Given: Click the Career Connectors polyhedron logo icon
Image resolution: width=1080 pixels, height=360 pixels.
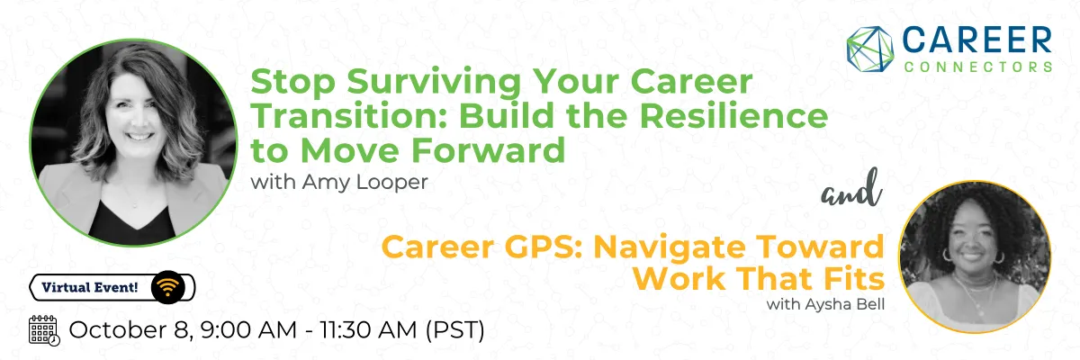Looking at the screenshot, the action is point(869,49).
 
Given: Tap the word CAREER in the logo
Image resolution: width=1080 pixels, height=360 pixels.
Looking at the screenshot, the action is point(976,40).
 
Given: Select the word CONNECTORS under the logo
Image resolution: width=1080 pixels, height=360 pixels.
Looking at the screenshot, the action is point(977,67).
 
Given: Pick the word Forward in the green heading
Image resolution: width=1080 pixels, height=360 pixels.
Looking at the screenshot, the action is point(488,150).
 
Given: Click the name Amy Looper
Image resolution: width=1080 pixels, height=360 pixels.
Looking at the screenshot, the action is point(365,182).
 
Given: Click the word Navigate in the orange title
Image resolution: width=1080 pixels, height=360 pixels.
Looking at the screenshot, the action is point(670,247).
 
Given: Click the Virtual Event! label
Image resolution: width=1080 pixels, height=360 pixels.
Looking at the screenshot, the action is point(90,288).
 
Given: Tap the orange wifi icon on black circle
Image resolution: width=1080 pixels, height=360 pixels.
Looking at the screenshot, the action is point(167,287).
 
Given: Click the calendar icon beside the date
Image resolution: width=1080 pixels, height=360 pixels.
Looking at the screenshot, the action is point(44,330).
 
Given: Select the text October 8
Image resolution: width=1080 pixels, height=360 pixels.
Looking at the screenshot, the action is point(131,330).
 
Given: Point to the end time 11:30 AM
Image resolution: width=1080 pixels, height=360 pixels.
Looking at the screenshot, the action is point(369,330).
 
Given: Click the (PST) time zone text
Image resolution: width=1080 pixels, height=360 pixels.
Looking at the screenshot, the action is point(455,330).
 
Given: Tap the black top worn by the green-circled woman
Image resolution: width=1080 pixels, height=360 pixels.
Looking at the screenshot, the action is point(131,223).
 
